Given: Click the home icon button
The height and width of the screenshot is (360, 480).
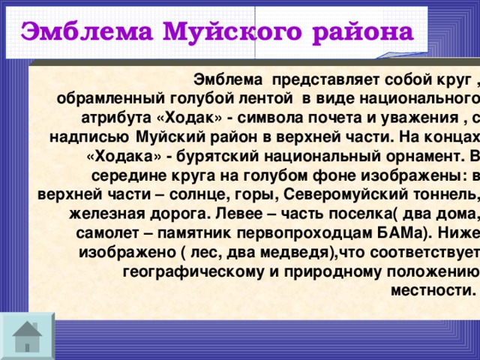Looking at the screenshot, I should (x=27, y=334).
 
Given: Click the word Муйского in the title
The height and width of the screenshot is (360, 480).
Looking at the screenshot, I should (x=217, y=32).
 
